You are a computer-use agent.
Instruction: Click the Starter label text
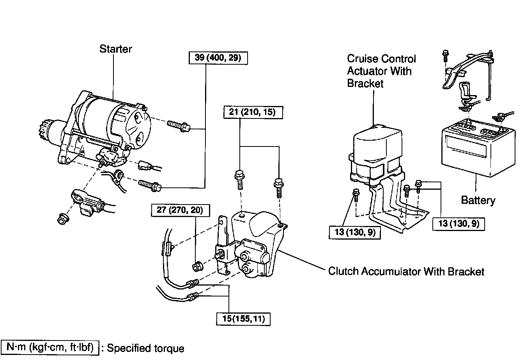[x=116, y=49]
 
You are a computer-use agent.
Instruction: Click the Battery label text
[x=478, y=200]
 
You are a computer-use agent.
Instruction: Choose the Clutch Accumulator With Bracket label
[x=406, y=271]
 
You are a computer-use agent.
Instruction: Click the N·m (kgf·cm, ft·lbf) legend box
[x=50, y=347]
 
